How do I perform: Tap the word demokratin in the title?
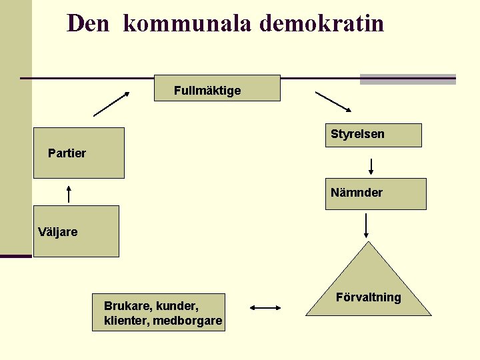321,24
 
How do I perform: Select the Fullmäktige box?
217,88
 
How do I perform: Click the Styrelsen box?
373,135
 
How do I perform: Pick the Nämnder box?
375,193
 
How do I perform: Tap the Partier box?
79,153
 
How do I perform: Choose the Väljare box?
76,231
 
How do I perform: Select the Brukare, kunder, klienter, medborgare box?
159,312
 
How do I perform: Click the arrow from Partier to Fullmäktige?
111,103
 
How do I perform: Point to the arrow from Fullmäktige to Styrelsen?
333,101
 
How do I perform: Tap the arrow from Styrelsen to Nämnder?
371,165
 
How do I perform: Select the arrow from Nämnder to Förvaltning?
366,225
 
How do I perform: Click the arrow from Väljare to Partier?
69,194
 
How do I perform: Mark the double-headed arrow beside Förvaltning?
265,308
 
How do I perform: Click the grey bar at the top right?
407,79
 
